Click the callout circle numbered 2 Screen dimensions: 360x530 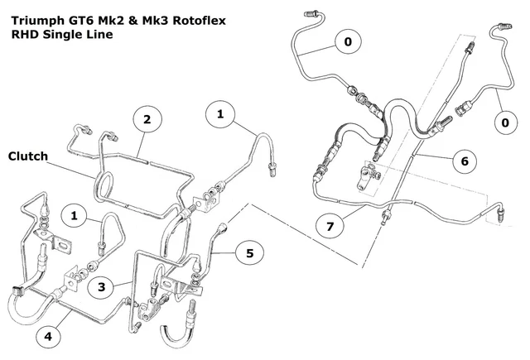[147, 120]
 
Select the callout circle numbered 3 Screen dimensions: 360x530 [100, 286]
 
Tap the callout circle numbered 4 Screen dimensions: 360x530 [48, 337]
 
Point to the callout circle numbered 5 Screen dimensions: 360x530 [249, 252]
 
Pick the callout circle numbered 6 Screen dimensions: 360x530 [465, 161]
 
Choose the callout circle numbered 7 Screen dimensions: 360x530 [331, 225]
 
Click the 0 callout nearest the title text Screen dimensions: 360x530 [348, 41]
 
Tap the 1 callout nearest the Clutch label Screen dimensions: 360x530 [75, 215]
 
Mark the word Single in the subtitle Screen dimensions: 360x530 [65, 35]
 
